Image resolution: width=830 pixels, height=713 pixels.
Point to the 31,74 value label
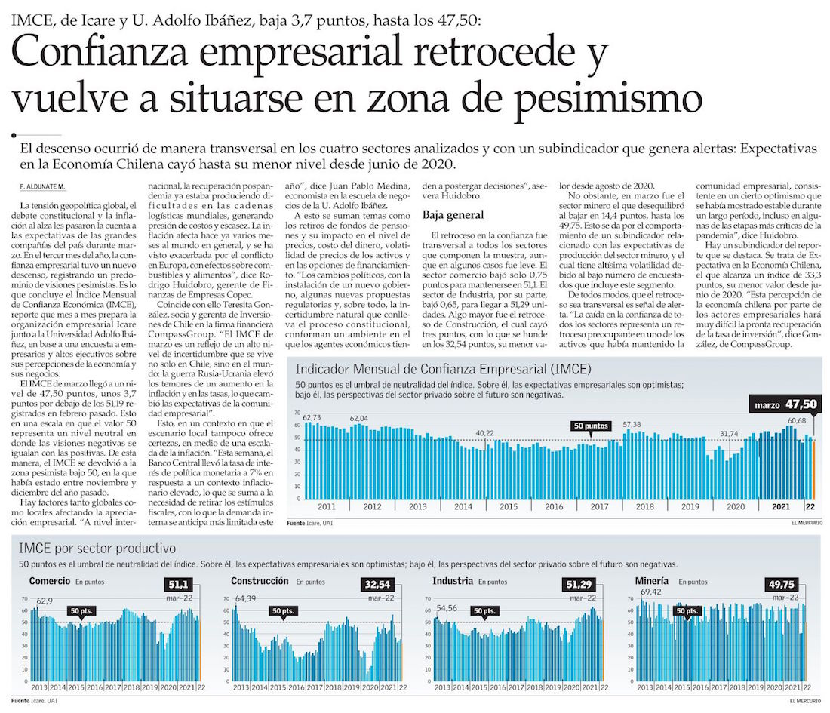coord(730,433)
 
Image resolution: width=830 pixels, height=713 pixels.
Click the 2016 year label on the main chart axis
coord(555,506)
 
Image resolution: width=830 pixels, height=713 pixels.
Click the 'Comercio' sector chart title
coord(49,582)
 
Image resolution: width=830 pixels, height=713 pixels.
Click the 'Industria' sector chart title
coord(453,582)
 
